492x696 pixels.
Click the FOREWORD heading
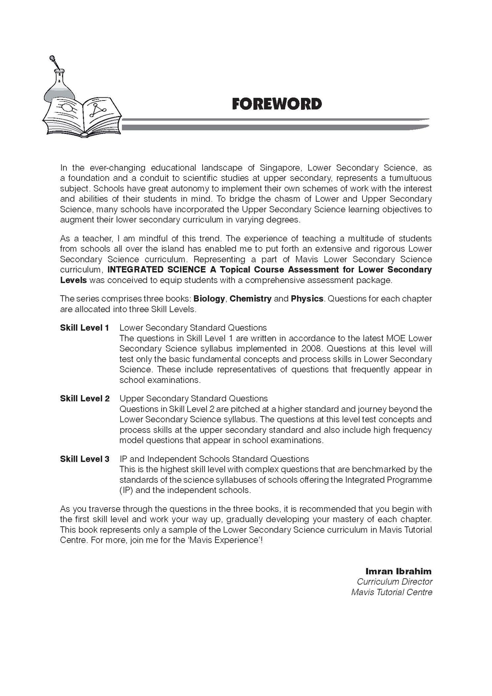(x=276, y=104)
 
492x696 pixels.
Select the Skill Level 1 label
(x=84, y=328)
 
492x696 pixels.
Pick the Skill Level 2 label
(x=85, y=399)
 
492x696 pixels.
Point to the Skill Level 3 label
(x=85, y=459)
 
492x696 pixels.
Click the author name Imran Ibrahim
(x=398, y=571)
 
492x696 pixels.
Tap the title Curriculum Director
(x=395, y=582)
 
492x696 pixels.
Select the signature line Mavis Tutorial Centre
(x=392, y=592)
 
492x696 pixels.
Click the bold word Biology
(x=209, y=299)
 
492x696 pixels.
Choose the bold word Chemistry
(x=251, y=299)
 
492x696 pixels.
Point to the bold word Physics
(x=307, y=299)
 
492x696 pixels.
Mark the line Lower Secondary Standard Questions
(x=193, y=328)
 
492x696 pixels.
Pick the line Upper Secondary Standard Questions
(x=193, y=399)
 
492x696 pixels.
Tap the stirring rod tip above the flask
(x=52, y=58)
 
